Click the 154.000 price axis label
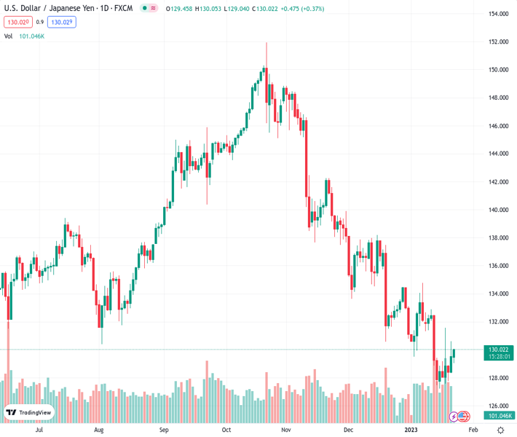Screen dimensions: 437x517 498,14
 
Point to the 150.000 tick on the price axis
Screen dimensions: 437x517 498,70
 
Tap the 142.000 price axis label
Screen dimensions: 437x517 498,182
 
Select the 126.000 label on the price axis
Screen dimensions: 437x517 498,406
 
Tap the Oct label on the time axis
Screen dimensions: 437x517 226,430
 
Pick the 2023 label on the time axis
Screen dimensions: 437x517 411,430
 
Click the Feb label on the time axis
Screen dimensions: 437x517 474,430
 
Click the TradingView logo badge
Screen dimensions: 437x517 29,412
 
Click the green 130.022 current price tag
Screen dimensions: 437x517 498,350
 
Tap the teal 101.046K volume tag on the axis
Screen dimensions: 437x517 498,416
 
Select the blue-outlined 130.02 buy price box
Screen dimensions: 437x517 62,23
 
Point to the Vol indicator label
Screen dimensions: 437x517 8,36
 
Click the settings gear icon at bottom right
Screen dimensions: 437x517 500,430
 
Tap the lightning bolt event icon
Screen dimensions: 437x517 454,417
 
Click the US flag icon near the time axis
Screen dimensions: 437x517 463,417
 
